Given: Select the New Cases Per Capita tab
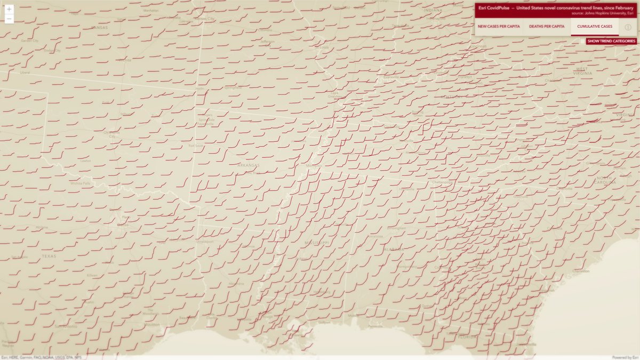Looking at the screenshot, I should (x=499, y=26).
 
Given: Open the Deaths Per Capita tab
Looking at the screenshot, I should (x=547, y=26).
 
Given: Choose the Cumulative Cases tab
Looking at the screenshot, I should (x=595, y=26).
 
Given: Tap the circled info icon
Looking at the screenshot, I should (x=628, y=27).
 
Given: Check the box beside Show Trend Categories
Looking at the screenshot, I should (x=582, y=41).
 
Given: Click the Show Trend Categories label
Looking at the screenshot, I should (x=611, y=41).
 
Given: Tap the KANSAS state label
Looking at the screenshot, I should (x=99, y=27).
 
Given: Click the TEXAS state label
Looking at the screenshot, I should (x=49, y=257).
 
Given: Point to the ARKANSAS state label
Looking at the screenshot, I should (x=248, y=165).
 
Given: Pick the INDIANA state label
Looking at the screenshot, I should (x=433, y=10).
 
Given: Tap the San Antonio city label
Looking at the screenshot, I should (x=66, y=326).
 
